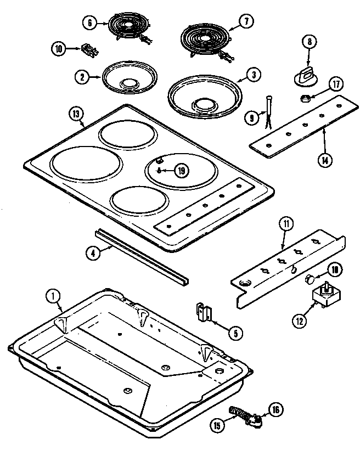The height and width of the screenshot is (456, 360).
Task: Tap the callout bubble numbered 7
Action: click(246, 22)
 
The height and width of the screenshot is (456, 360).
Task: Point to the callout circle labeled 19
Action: click(182, 171)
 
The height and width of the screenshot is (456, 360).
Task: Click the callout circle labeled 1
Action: click(54, 297)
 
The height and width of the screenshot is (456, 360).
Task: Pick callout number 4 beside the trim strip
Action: click(94, 253)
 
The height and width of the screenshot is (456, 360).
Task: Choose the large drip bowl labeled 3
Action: click(204, 95)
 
